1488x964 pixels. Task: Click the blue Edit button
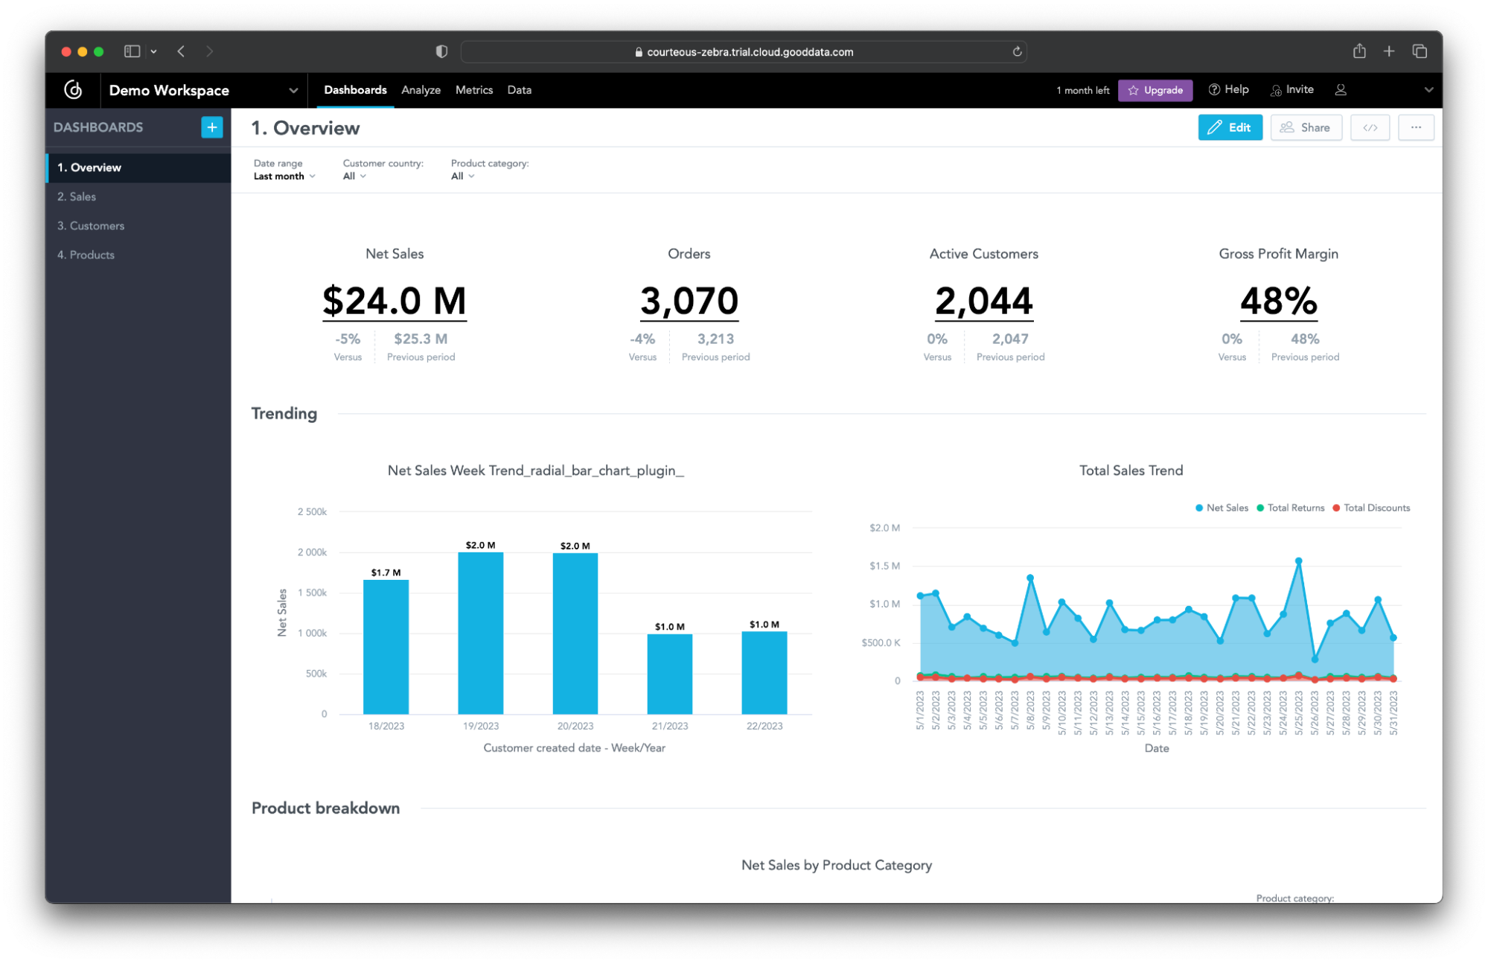pos(1229,127)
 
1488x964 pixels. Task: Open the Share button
pos(1305,127)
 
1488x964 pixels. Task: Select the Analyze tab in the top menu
pos(421,90)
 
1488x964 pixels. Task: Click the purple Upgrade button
pos(1155,90)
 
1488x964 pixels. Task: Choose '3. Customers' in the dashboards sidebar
pos(91,226)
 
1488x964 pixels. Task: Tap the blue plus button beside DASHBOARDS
pos(211,127)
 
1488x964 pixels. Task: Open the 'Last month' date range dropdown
pos(284,176)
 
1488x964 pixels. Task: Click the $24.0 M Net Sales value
pos(394,301)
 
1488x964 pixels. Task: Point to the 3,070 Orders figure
pos(689,301)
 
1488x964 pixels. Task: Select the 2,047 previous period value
pos(1009,339)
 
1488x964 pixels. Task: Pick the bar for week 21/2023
pos(669,674)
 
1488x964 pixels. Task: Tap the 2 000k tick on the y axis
pos(312,552)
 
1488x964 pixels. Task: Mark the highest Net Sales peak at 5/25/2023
pos(1298,561)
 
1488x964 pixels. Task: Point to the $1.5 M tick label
pos(884,566)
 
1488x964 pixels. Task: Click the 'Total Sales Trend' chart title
pos(1130,470)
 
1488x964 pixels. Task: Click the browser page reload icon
pos(1016,51)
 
